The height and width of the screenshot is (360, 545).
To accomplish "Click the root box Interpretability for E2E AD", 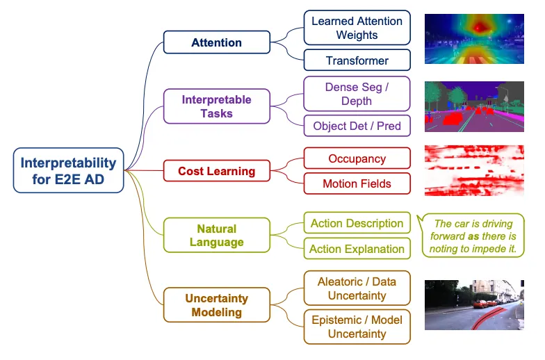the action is [x=68, y=170].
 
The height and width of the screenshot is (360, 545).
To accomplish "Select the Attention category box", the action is [x=217, y=42].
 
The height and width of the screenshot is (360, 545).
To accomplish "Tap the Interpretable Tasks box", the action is [x=217, y=106].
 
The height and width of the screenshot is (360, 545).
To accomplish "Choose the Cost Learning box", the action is [x=217, y=171].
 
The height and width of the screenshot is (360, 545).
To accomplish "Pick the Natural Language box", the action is [x=217, y=235].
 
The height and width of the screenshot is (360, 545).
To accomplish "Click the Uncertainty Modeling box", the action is [x=217, y=304].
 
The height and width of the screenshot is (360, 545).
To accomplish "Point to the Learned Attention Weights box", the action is [x=357, y=28].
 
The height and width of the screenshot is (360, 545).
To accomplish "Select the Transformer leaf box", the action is [x=357, y=60].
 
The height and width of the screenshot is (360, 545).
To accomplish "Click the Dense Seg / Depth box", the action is [x=357, y=94].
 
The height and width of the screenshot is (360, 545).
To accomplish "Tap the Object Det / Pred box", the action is [x=357, y=125].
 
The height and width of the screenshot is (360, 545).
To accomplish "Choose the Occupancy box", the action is [x=357, y=158].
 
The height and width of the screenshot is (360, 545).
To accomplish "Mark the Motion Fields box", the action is [x=357, y=183].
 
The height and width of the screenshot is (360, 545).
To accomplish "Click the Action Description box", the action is [x=357, y=222].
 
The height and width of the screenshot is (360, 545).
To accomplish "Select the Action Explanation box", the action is [x=357, y=249].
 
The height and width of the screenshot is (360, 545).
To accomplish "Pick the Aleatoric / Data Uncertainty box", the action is [x=357, y=288].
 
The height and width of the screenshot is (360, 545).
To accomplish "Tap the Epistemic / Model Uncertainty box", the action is [x=357, y=327].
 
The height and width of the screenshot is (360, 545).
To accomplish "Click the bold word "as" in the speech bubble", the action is [x=473, y=236].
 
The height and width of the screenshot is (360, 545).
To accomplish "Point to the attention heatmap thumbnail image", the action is [x=474, y=39].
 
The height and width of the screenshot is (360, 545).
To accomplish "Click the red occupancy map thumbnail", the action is [x=474, y=171].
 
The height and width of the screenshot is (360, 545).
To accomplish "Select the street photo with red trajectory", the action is [x=474, y=304].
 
